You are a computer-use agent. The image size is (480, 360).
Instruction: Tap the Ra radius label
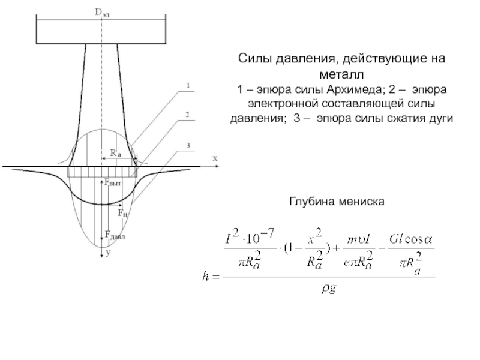coord(115,153)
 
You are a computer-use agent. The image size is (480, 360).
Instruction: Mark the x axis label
coord(214,158)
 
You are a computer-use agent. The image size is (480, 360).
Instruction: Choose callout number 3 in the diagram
coord(188,146)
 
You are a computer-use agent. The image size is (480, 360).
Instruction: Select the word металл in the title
coord(340,75)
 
